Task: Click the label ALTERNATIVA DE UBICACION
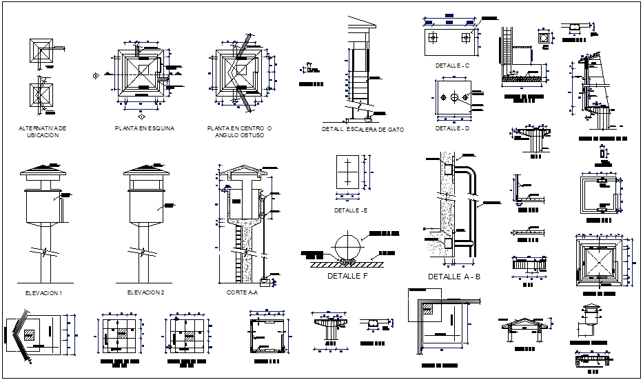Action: pyautogui.click(x=43, y=132)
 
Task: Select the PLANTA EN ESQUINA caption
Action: pyautogui.click(x=145, y=128)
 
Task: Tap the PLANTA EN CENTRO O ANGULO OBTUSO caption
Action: pyautogui.click(x=239, y=132)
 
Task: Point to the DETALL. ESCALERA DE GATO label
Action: pyautogui.click(x=363, y=129)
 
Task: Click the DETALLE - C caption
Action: pyautogui.click(x=452, y=66)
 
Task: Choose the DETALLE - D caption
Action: pyautogui.click(x=452, y=128)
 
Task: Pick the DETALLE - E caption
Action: pyautogui.click(x=351, y=210)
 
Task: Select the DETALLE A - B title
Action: pyautogui.click(x=453, y=277)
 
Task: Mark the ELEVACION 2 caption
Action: pyautogui.click(x=145, y=293)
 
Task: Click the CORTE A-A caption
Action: pyautogui.click(x=242, y=293)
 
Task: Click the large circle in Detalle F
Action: pyautogui.click(x=349, y=246)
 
